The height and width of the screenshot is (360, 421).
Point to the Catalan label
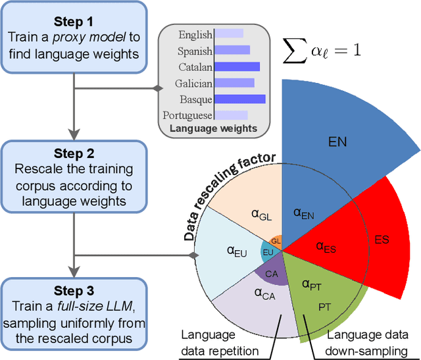click(x=195, y=66)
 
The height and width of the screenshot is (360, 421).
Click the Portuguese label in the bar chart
click(x=187, y=115)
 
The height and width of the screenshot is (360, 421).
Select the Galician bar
click(x=234, y=83)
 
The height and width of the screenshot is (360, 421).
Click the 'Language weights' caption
click(x=213, y=128)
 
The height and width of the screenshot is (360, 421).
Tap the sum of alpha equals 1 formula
click(x=321, y=49)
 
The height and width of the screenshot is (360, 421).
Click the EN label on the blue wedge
click(x=337, y=141)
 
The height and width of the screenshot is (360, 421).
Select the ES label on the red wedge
click(x=381, y=239)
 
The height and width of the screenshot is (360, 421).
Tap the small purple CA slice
click(x=271, y=273)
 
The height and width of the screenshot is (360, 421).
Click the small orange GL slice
click(x=276, y=242)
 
